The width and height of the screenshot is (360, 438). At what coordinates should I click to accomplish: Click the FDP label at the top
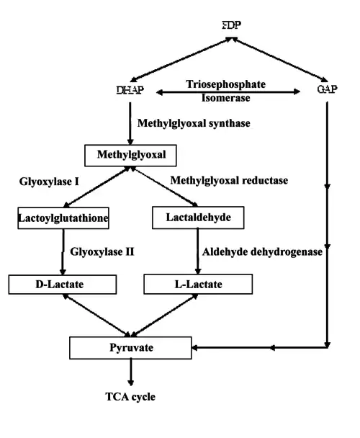(232, 25)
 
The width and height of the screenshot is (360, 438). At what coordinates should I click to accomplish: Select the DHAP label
(130, 90)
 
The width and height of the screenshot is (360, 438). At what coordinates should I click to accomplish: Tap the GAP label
(328, 89)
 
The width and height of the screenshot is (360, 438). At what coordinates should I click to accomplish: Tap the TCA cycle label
(130, 397)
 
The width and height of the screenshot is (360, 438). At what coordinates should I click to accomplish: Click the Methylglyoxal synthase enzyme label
(194, 123)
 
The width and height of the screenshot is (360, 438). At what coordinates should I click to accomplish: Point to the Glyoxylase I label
(49, 182)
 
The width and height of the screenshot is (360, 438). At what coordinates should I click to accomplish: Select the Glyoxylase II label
(102, 251)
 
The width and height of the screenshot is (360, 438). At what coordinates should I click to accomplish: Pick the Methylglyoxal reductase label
(229, 180)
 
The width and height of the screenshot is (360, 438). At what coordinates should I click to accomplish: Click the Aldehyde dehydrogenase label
(262, 251)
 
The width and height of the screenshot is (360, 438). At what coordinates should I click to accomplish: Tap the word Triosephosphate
(225, 84)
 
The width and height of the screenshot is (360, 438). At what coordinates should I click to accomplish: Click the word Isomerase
(225, 98)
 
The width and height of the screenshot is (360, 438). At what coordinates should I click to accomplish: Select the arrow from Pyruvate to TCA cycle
(130, 372)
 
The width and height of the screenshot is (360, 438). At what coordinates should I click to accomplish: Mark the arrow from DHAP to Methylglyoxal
(130, 123)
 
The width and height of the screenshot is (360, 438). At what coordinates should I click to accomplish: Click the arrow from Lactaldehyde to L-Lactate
(198, 251)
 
